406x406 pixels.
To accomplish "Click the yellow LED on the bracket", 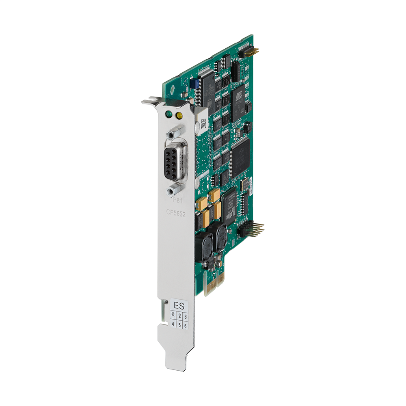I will coord(178,115).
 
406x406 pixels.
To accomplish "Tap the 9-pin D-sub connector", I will coord(175,160).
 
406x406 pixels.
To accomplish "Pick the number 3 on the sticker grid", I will coord(186,316).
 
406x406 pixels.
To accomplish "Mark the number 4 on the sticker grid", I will coord(173,324).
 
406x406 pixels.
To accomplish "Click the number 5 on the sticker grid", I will coord(179,325).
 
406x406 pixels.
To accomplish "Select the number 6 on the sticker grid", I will coord(186,326).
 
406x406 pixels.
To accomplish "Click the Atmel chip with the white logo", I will coord(240,97).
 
